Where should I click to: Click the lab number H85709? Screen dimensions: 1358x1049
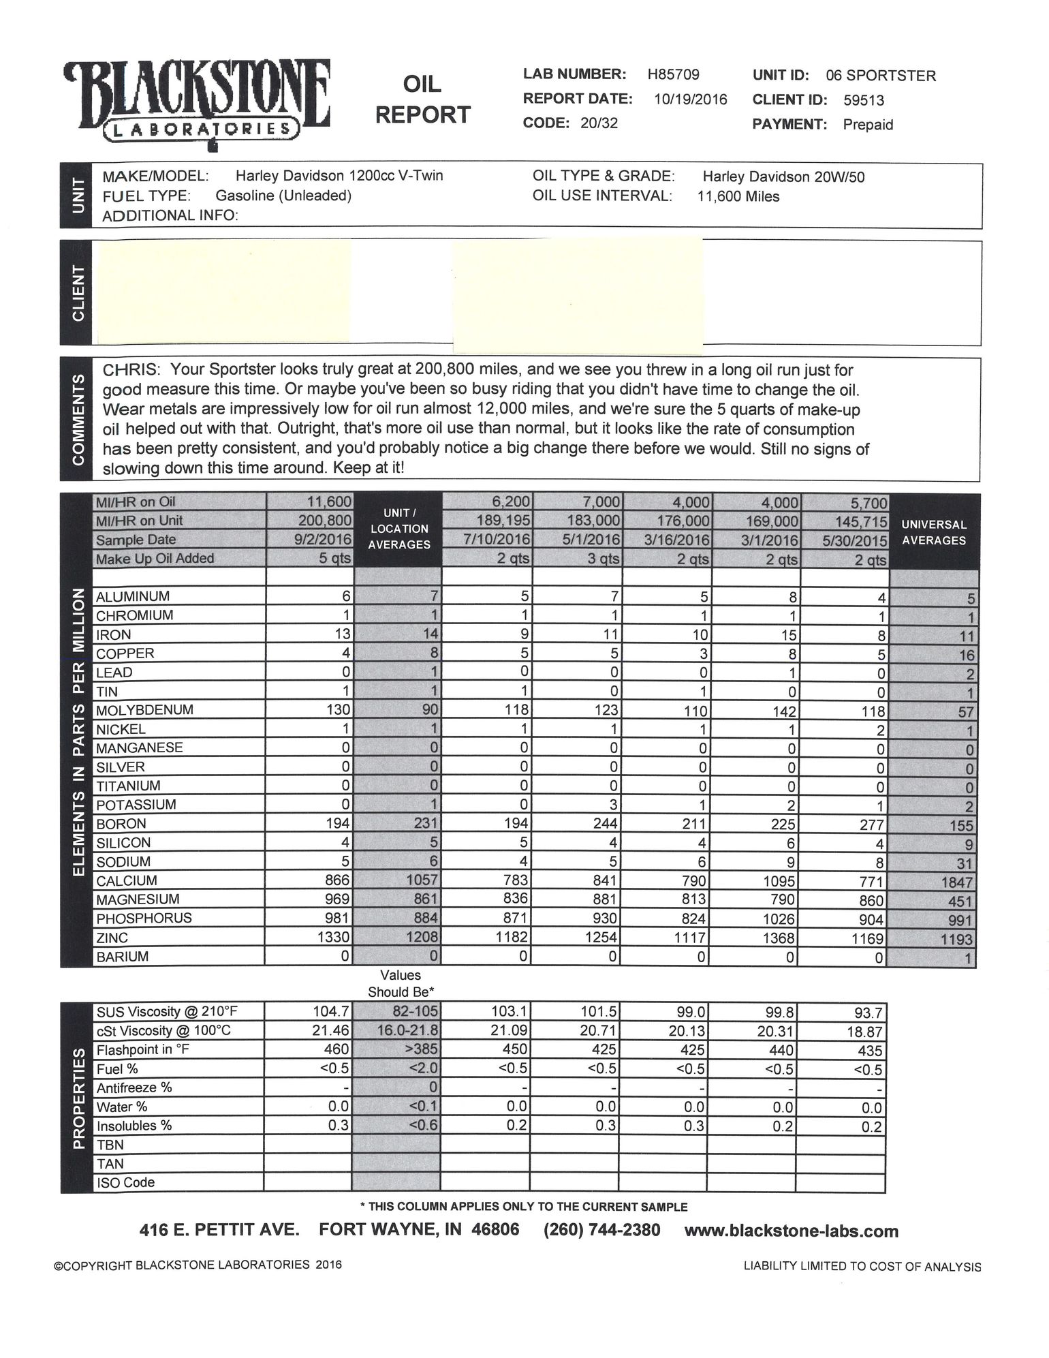click(x=673, y=74)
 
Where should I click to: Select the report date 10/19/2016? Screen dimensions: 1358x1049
click(x=690, y=99)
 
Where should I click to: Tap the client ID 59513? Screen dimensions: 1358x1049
click(x=863, y=100)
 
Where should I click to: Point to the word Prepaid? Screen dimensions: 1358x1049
click(x=867, y=125)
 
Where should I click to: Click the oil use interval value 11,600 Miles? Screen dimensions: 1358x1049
click(x=738, y=197)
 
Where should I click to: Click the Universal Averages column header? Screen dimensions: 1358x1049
click(x=933, y=532)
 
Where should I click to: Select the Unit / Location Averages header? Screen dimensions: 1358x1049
click(x=399, y=529)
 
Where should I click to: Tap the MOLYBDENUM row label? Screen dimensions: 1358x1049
click(x=144, y=710)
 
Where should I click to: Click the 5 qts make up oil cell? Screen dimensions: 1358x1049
click(x=336, y=559)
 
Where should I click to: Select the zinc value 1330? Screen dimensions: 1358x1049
click(x=334, y=938)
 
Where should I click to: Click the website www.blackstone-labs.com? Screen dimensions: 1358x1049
click(x=791, y=1231)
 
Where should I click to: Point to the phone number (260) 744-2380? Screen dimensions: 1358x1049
click(x=601, y=1230)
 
